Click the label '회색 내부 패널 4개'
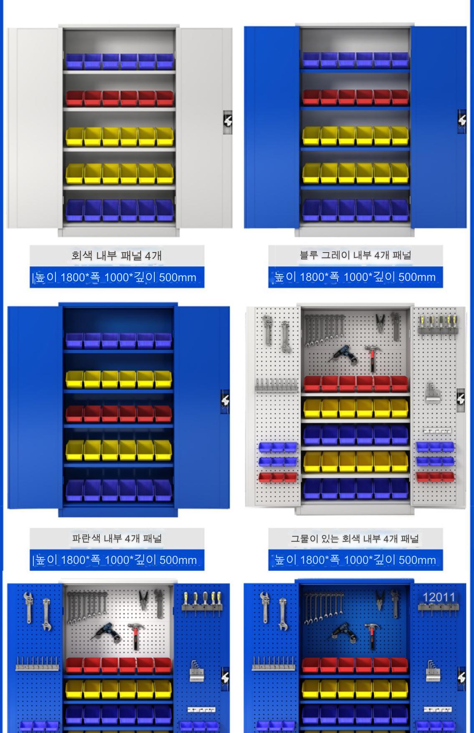(116, 255)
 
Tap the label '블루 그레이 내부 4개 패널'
(355, 255)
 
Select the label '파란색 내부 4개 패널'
(117, 538)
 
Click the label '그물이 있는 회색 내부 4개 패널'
(355, 538)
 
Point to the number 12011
(439, 597)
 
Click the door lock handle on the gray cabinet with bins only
(227, 122)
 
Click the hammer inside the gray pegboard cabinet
(371, 357)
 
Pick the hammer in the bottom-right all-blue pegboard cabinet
(371, 636)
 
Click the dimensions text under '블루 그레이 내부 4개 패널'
(355, 277)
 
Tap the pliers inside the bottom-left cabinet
(144, 600)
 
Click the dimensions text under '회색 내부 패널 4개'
(116, 277)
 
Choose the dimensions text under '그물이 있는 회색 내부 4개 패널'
(355, 560)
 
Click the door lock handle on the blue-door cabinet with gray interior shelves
(462, 122)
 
